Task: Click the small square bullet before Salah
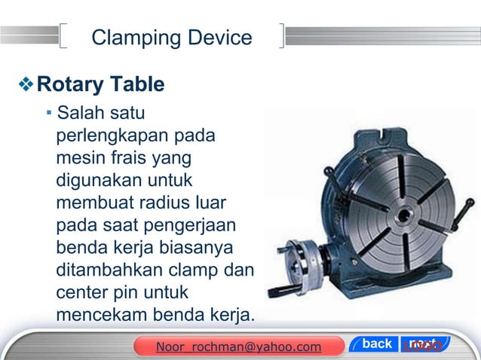[48, 114]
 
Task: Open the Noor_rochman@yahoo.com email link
[238, 346]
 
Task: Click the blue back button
[377, 344]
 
